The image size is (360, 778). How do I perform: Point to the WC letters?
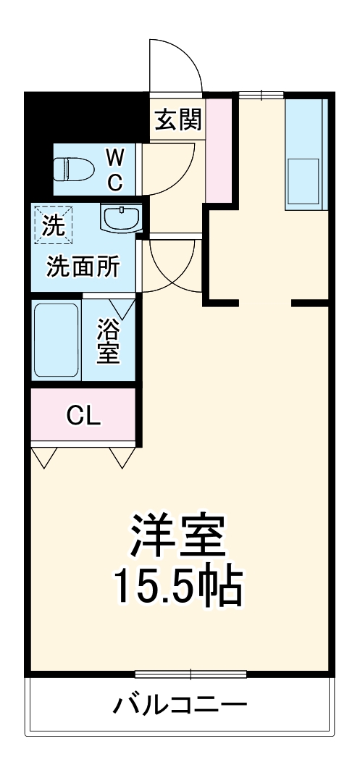(x=115, y=169)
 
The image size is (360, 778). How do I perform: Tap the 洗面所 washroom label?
(x=83, y=267)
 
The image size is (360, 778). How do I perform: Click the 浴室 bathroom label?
(x=109, y=343)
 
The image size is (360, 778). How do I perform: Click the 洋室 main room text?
(x=179, y=537)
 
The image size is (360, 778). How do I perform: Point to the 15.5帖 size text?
(x=177, y=588)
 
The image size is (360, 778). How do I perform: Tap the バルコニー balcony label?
(x=180, y=704)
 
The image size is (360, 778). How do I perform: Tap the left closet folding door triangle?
(x=44, y=456)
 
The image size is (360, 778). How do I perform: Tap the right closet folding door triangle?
(x=122, y=456)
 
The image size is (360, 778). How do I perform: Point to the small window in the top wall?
(x=261, y=93)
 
